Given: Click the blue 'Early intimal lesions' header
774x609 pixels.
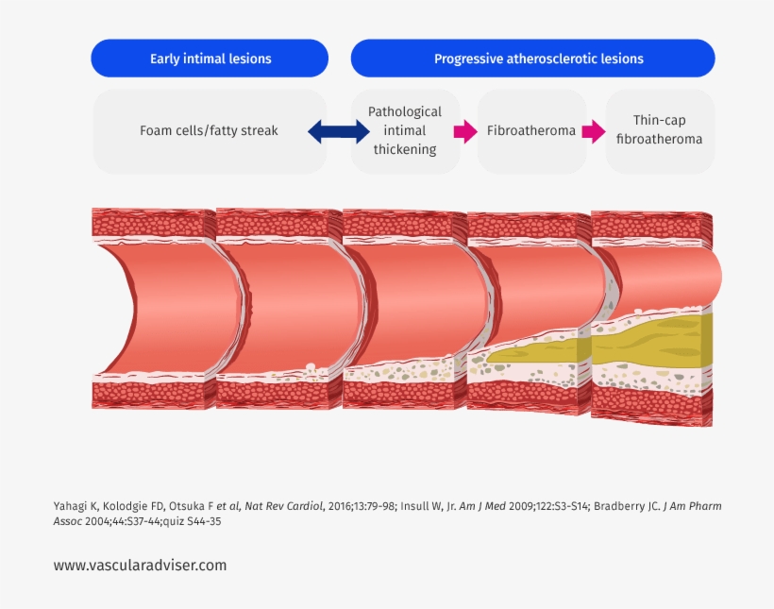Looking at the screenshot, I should (x=210, y=59).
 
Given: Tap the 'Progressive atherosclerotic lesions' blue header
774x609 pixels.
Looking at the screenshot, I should (x=532, y=59).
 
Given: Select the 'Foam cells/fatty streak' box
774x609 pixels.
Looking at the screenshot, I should (x=209, y=131).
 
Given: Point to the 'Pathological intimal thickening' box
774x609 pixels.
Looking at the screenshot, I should (x=405, y=131).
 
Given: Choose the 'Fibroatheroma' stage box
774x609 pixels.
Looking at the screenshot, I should (x=530, y=131).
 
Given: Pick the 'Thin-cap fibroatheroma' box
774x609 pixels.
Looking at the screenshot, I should (x=659, y=131).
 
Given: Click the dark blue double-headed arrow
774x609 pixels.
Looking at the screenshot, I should (x=339, y=131).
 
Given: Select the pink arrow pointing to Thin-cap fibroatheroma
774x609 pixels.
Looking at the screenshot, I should (x=593, y=131).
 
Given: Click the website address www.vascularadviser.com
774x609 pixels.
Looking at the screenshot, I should (x=140, y=566).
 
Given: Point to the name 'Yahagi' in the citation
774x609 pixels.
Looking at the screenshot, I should (x=72, y=506).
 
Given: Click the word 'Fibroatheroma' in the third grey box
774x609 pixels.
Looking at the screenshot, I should (x=530, y=131).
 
